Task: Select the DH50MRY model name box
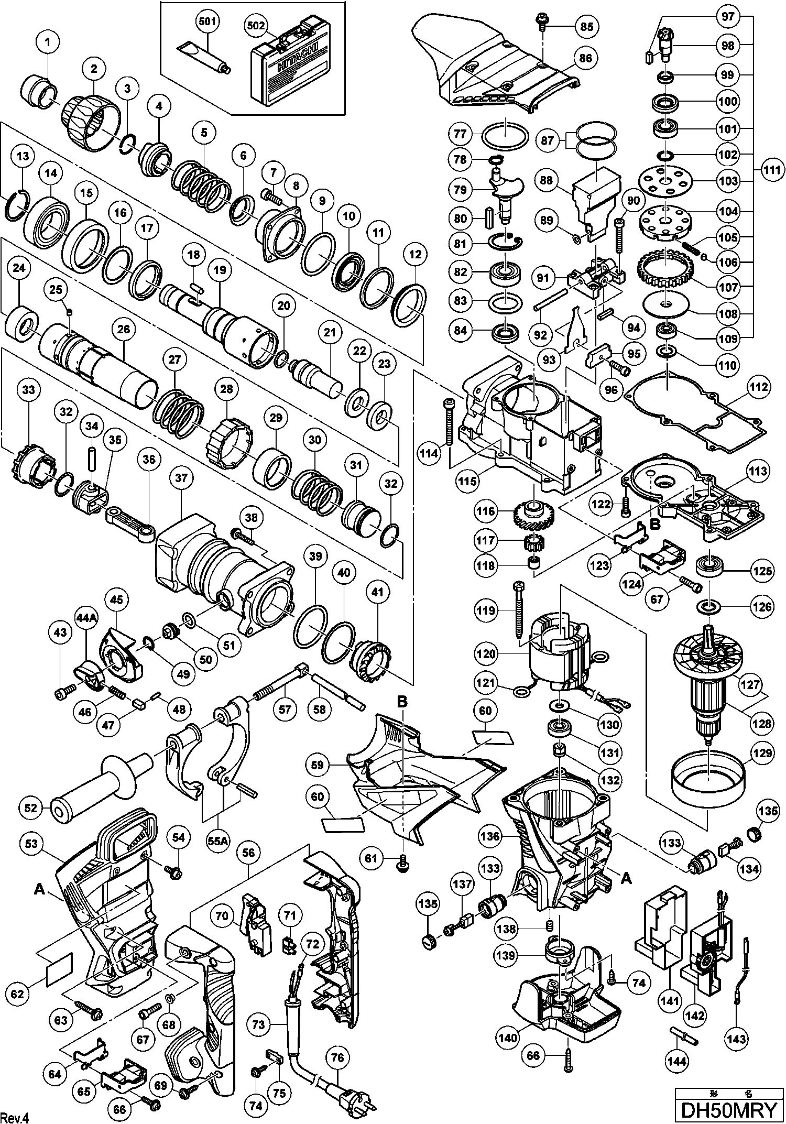(729, 1110)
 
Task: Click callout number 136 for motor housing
(490, 836)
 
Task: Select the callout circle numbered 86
(586, 58)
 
